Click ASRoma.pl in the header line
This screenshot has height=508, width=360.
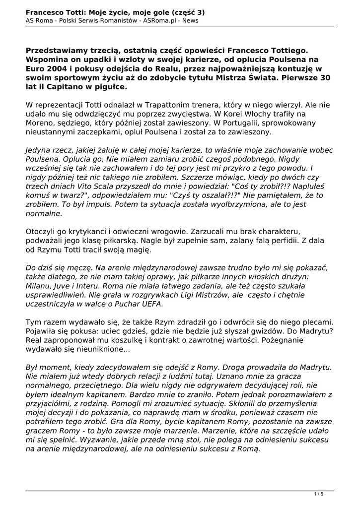click(x=160, y=21)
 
